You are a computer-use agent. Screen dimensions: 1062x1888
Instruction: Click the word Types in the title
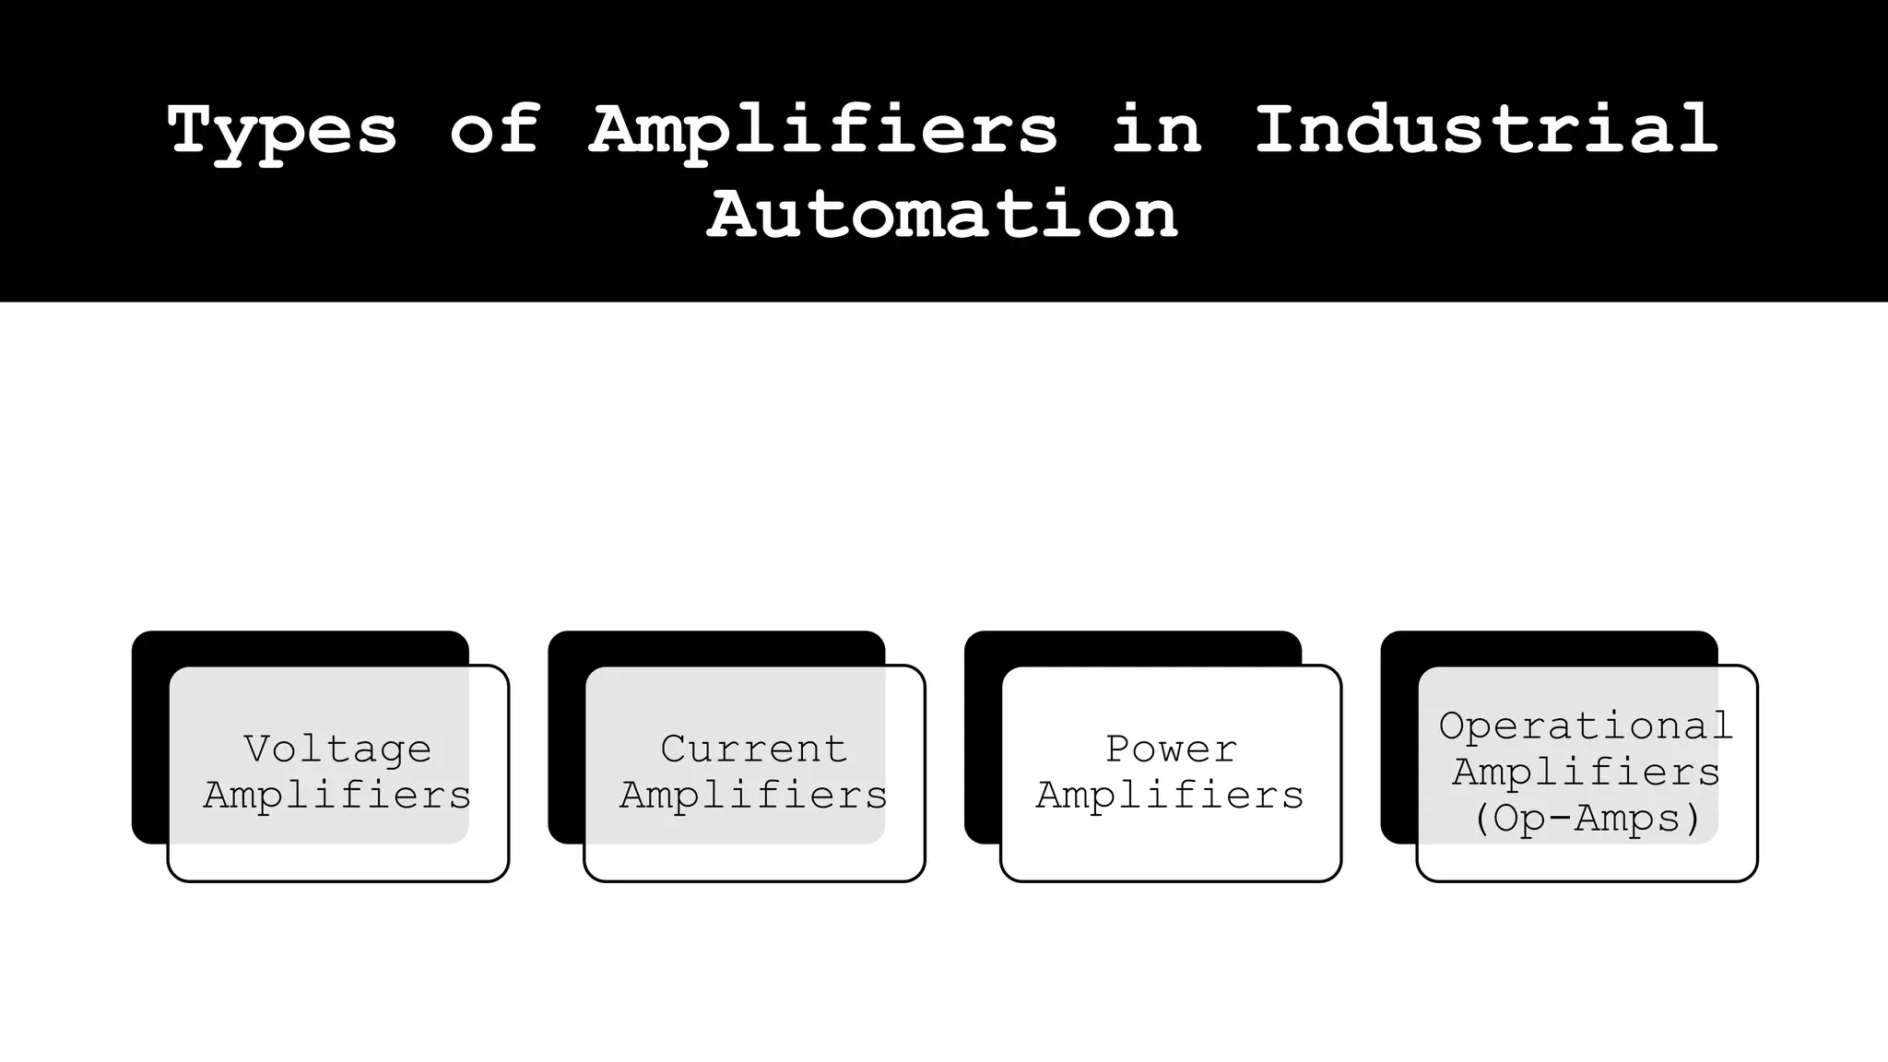click(282, 131)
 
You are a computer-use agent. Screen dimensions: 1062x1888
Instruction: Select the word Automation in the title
click(942, 214)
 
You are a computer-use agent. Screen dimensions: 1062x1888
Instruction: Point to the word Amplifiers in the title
click(823, 131)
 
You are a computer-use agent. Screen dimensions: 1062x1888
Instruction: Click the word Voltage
click(337, 749)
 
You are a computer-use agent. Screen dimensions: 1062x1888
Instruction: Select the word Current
click(754, 749)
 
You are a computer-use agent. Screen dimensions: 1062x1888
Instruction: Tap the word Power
click(1171, 749)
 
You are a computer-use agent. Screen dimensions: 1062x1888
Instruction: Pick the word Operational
click(1586, 726)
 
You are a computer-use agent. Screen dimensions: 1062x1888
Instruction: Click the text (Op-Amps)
click(1587, 818)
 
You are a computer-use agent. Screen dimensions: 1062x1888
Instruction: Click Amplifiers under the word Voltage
click(337, 795)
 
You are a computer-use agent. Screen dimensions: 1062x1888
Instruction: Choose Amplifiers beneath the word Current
click(754, 795)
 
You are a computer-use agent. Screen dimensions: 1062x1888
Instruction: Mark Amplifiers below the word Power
click(1171, 795)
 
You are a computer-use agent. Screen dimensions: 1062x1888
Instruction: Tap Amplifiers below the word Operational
click(1587, 772)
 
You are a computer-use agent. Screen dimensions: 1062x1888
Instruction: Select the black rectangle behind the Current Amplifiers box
click(565, 737)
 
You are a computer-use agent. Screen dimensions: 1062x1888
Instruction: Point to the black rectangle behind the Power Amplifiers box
click(982, 737)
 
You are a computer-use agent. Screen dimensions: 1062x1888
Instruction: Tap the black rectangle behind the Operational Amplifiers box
click(1398, 737)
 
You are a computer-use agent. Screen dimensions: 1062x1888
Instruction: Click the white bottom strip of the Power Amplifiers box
click(1171, 862)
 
